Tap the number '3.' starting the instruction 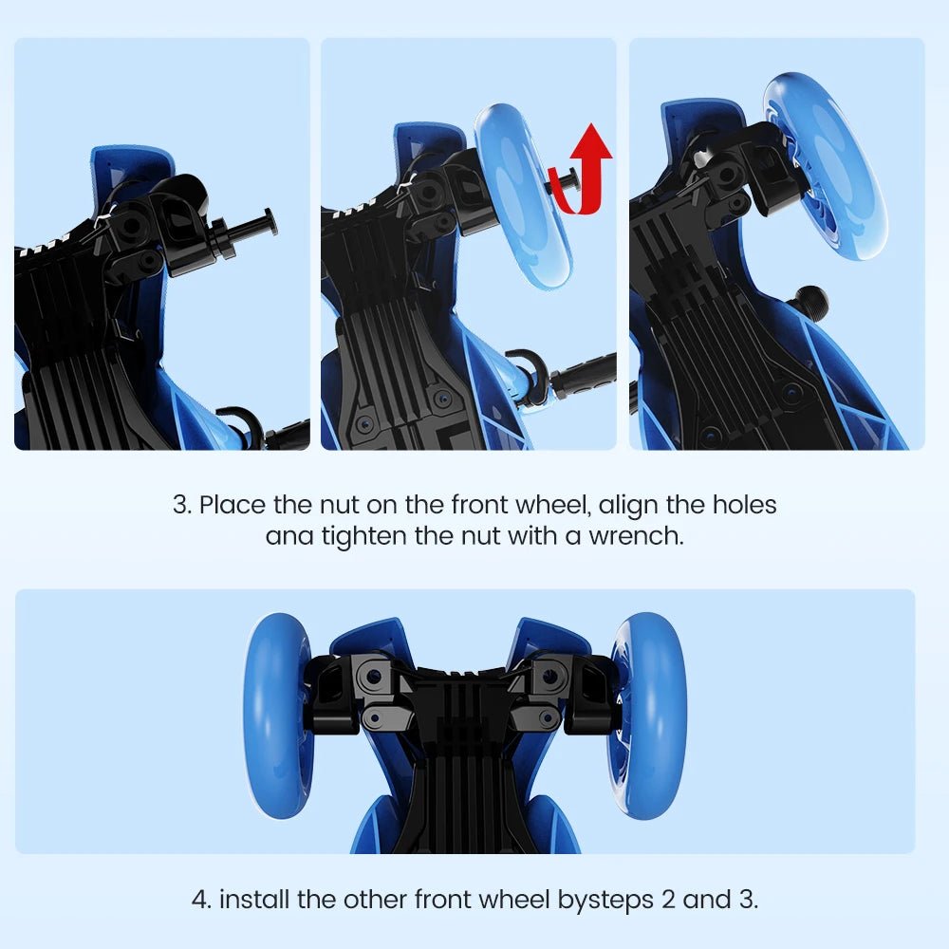tap(182, 505)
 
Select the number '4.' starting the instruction tap(201, 899)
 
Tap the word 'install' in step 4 tap(254, 899)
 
